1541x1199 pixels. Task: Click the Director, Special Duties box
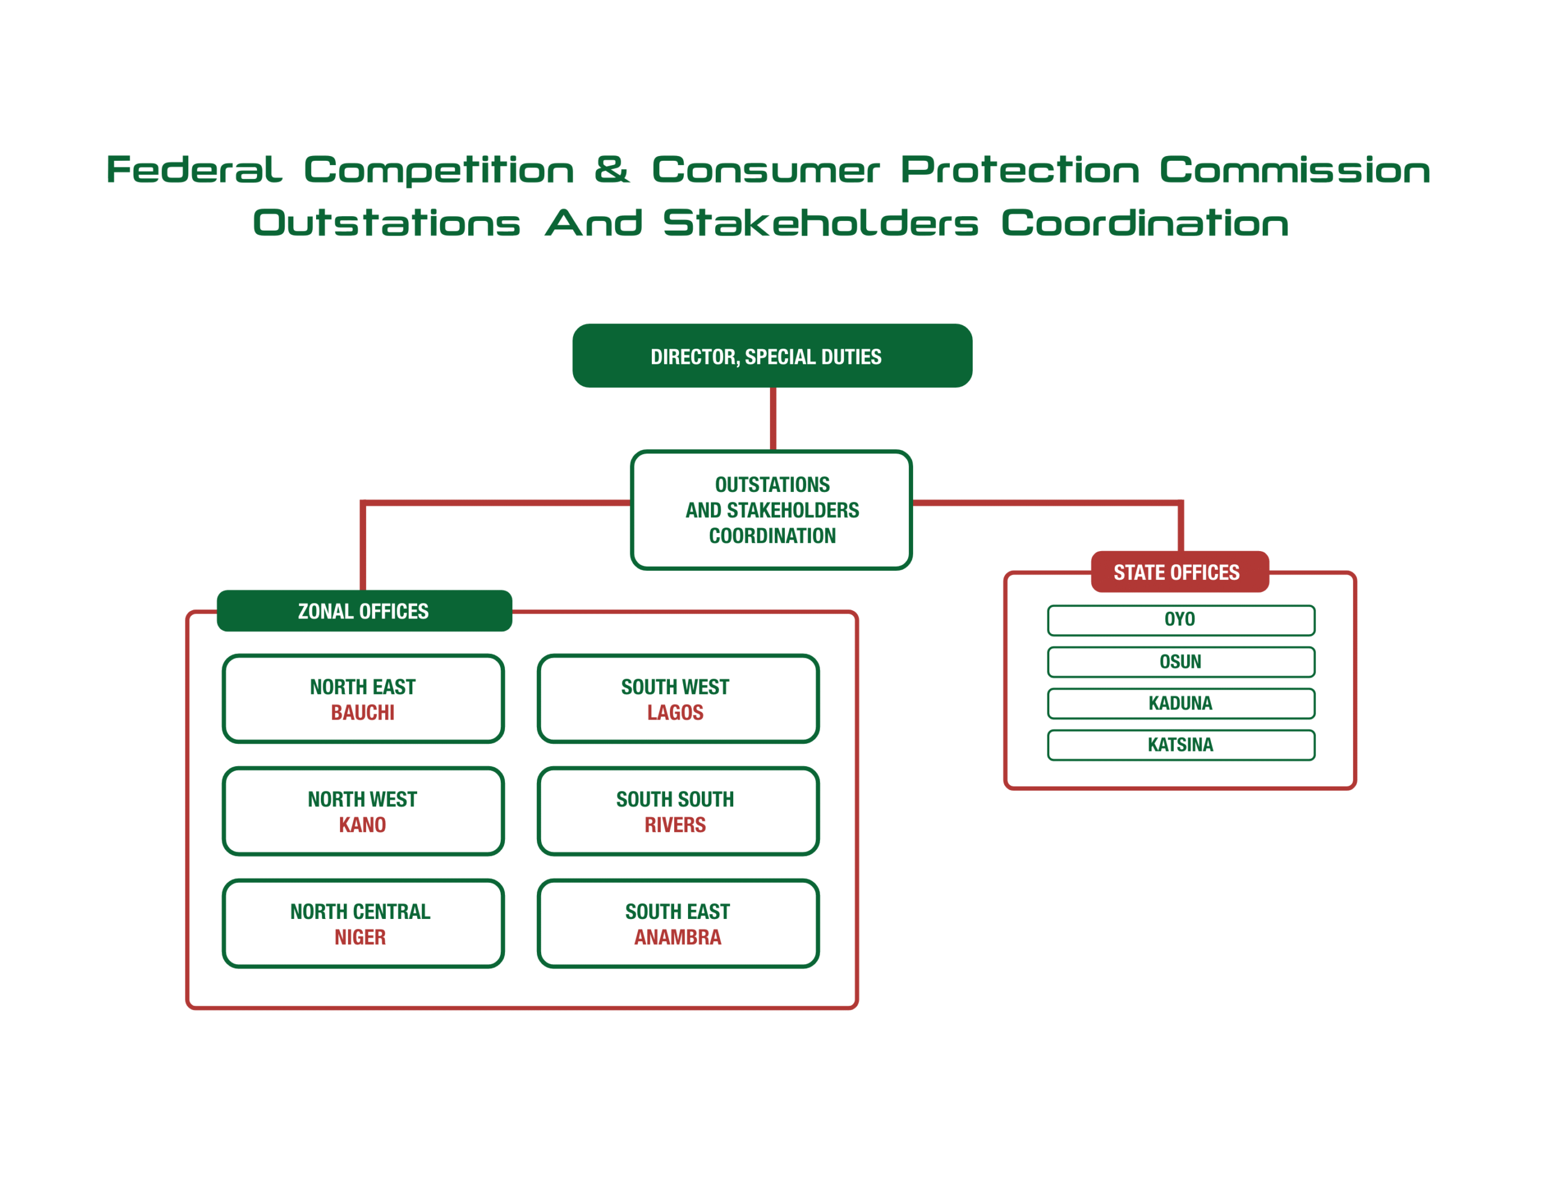coord(772,356)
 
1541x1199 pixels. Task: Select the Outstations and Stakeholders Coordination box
coord(771,509)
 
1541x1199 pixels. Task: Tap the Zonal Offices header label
coord(364,611)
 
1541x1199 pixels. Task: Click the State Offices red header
coord(1179,572)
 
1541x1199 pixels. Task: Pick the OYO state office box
coord(1180,620)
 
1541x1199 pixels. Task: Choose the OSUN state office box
coord(1180,662)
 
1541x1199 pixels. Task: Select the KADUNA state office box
coord(1180,703)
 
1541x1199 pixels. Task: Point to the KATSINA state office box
coord(1180,745)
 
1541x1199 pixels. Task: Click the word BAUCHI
coord(362,713)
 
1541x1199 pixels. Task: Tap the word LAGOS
coord(675,713)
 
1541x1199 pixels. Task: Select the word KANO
coord(362,825)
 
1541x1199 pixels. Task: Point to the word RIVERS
coord(675,825)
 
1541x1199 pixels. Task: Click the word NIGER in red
coord(360,937)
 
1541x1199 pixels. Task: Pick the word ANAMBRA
coord(677,937)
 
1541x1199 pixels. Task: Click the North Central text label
coord(360,912)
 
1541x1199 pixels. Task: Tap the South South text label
coord(675,800)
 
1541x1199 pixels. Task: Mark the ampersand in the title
coord(611,169)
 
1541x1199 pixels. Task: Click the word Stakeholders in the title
coord(820,223)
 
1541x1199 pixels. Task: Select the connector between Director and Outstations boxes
coord(774,419)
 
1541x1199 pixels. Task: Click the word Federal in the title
coord(194,170)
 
